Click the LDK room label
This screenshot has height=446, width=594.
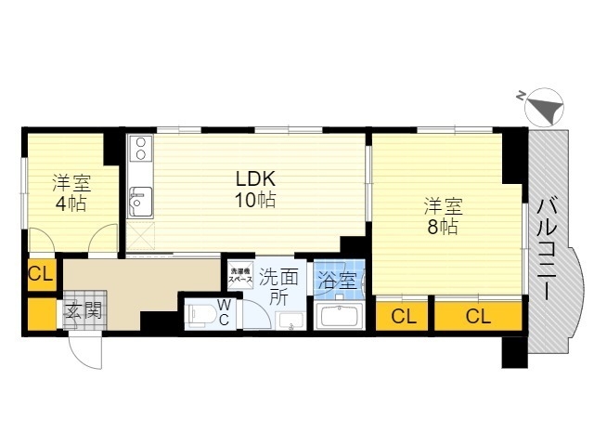256,179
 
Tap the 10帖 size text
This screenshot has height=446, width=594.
255,200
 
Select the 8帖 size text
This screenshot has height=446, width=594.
443,227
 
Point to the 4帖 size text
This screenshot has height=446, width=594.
71,204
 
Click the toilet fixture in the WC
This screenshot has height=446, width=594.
200,314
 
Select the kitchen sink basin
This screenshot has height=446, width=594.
140,203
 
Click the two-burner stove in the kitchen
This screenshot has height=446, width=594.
141,149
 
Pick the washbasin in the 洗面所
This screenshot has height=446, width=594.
291,321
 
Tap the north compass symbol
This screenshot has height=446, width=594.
544,108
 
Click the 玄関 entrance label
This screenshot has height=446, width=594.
84,311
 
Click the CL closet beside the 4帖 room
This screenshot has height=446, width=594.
42,274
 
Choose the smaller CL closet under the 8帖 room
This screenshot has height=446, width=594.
402,316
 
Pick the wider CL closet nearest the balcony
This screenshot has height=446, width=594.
479,316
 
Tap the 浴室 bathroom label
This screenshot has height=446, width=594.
337,281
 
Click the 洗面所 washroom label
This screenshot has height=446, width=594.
278,287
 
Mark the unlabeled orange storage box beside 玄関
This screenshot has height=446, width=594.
42,314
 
